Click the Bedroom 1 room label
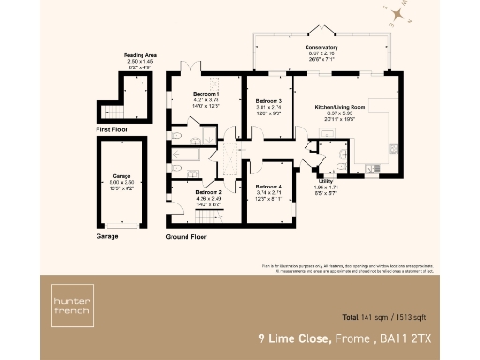coord(207,94)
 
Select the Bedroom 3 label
coord(268,101)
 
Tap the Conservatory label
coord(321,47)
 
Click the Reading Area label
coord(140,56)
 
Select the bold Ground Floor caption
coord(186,237)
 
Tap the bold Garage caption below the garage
coord(108,237)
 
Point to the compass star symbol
coord(399,14)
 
